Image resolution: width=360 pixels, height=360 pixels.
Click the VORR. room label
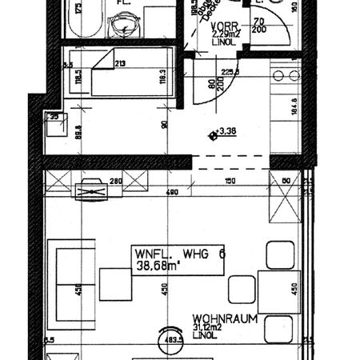[x=222, y=25]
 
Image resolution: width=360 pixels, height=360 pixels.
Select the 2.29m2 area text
[x=226, y=34]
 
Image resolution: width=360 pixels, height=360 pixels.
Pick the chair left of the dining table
[x=240, y=286]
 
